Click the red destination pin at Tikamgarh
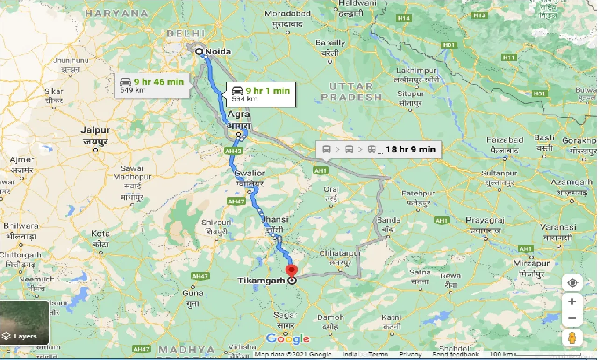coord(292,271)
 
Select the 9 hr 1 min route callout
coord(261,94)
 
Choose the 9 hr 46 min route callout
coord(152,85)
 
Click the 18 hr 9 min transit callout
coord(378,150)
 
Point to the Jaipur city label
coord(96,130)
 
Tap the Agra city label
coord(239,114)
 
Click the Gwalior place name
coord(250,173)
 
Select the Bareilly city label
coord(330,43)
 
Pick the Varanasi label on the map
coord(558,227)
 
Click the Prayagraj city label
coord(485,220)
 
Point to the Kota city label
coord(100,234)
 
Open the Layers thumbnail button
coord(25,323)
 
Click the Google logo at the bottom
coord(288,339)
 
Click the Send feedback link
coord(455,354)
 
